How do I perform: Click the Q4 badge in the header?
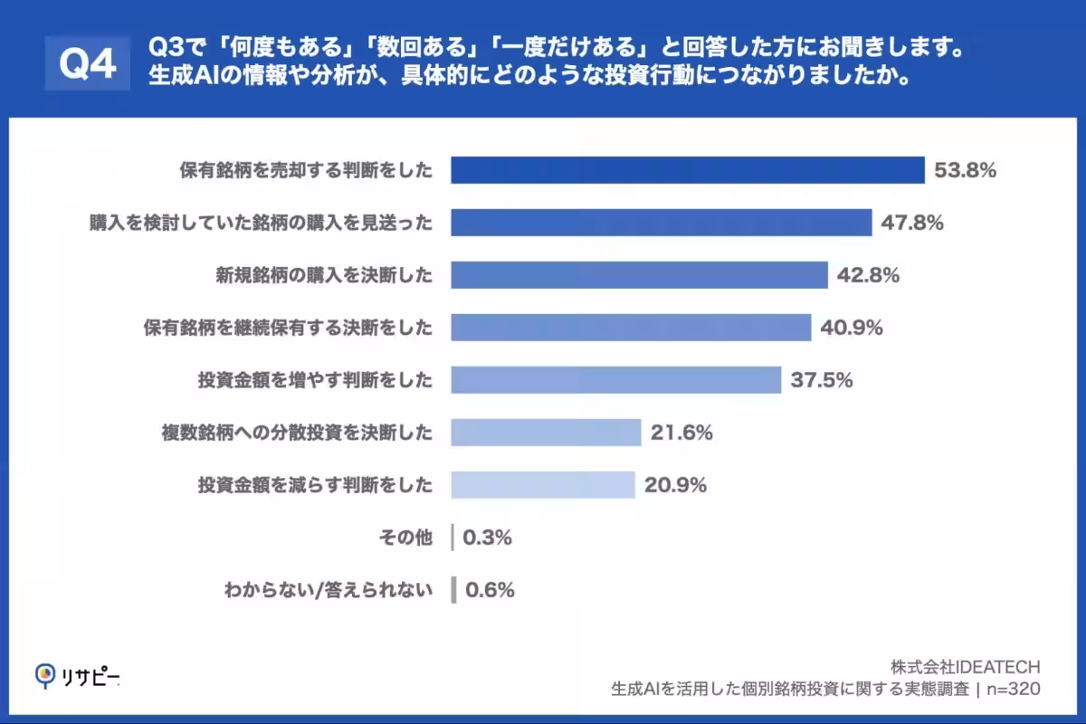click(88, 62)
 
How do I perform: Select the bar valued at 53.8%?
click(688, 170)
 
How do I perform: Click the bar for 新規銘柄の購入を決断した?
click(639, 275)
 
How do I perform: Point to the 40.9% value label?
click(852, 328)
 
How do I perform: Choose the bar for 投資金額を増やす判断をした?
click(615, 380)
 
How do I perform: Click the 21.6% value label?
click(681, 433)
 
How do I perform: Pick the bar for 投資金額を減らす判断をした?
click(543, 485)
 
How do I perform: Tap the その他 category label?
click(405, 538)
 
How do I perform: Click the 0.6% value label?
click(490, 590)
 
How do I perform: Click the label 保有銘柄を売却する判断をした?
click(306, 170)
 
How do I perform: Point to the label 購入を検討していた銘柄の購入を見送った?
click(261, 223)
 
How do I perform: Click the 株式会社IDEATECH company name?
click(966, 667)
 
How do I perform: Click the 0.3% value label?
click(487, 538)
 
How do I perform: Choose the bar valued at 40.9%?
click(631, 328)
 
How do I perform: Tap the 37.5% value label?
click(822, 380)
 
